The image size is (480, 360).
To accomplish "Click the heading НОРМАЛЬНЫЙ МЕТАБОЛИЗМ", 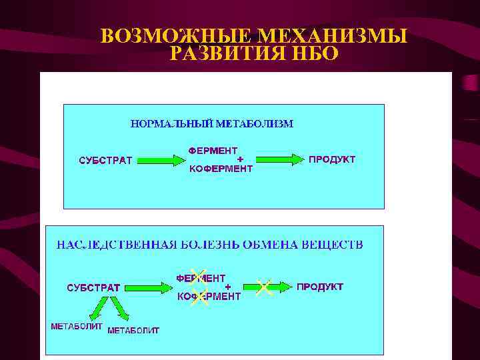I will (211, 123).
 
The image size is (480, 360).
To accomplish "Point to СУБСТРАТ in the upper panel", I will (106, 160).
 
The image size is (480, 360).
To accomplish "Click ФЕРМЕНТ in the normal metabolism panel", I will (213, 151).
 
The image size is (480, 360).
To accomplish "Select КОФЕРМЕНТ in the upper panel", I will (221, 169).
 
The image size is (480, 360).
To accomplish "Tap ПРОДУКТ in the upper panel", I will (331, 159).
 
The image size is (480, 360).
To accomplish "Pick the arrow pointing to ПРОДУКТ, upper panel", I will (279, 159).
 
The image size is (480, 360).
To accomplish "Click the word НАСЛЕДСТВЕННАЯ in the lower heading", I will (116, 245).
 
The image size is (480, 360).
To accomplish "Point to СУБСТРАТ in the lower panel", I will (93, 287).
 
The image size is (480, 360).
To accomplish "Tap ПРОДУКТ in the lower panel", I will (320, 287).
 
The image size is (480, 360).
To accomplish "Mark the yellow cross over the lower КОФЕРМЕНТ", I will (199, 297).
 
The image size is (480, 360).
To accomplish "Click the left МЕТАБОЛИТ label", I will (77, 327).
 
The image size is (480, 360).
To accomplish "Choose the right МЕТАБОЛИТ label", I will (133, 330).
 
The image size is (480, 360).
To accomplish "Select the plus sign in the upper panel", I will (241, 159).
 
